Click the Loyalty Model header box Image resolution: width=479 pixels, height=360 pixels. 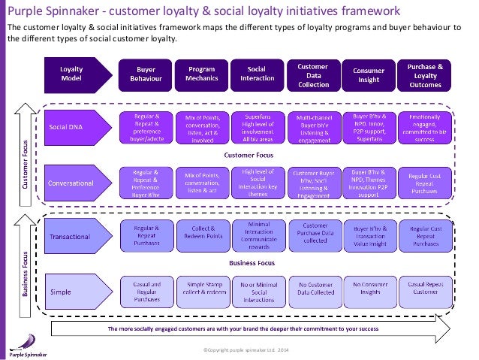click(x=72, y=71)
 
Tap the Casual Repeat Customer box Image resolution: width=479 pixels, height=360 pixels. click(x=424, y=290)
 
